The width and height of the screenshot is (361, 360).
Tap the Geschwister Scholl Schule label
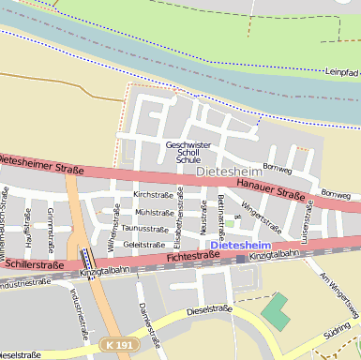[x=188, y=152]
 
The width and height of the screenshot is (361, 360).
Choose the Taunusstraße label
[x=144, y=228]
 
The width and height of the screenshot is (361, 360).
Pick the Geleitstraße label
[x=144, y=244]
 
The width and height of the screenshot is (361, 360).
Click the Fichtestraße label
[x=192, y=255]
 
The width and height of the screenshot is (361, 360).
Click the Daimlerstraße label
[x=145, y=319]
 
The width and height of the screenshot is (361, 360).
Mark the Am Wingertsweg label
[x=340, y=294]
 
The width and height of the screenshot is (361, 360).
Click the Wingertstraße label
[x=262, y=217]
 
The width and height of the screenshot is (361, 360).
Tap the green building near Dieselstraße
[x=275, y=310]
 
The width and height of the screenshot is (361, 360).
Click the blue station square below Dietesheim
[x=241, y=258]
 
